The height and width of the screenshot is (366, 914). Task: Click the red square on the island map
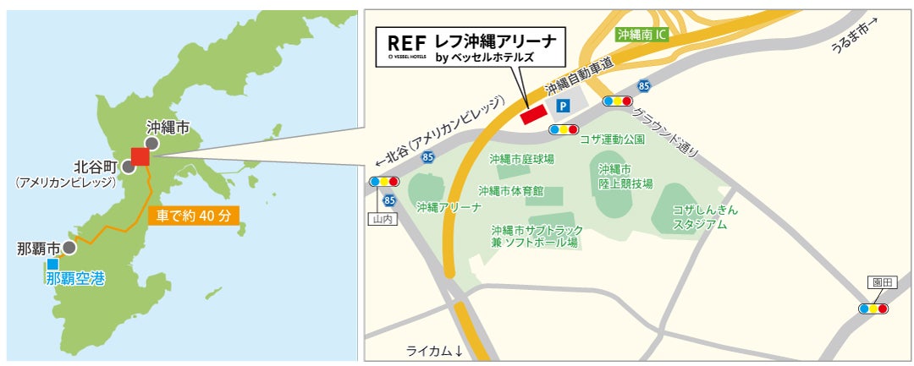pos(140,156)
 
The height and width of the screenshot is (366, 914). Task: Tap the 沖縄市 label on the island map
pos(168,127)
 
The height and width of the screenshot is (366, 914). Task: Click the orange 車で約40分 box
pos(194,215)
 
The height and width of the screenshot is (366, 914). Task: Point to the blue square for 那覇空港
pos(52,264)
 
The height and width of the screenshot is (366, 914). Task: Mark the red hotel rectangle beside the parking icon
pos(534,115)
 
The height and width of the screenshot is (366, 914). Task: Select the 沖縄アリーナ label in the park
pos(449,206)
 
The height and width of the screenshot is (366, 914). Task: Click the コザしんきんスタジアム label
pos(705,217)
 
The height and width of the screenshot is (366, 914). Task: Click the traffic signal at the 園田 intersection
pos(873,309)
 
